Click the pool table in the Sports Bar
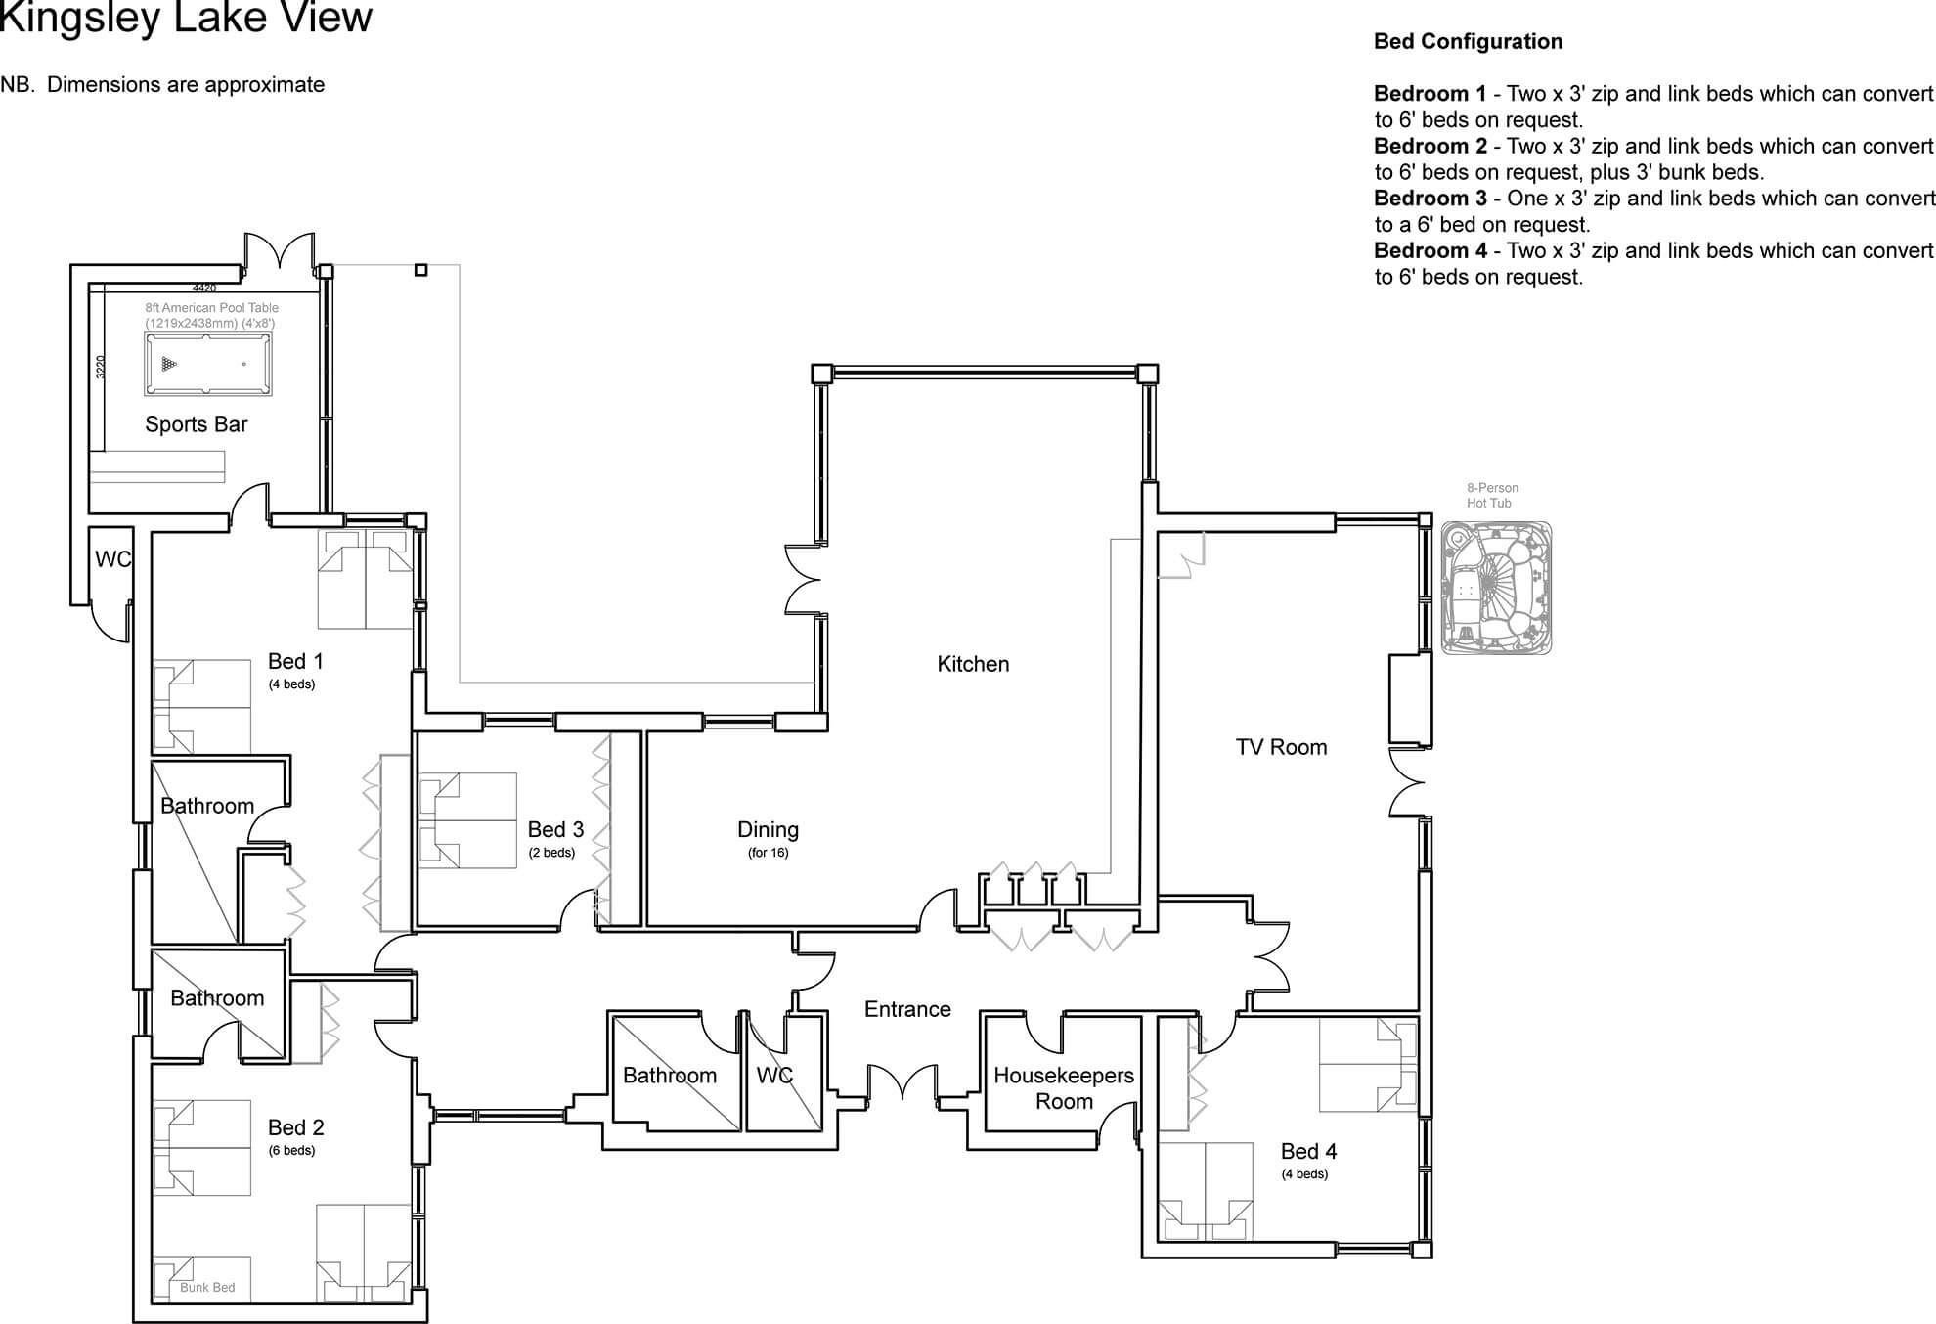coord(208,364)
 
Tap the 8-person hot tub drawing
coord(1496,588)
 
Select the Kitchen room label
coord(973,664)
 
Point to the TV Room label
coord(1281,747)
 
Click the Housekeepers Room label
coord(1064,1088)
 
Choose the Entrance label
coord(907,1009)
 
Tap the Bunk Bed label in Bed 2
coord(207,1287)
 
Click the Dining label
coord(768,830)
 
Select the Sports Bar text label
coord(197,424)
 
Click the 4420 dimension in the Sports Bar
coord(204,288)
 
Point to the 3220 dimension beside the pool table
coord(100,367)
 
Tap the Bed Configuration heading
coord(1468,41)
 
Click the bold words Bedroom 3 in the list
coord(1430,199)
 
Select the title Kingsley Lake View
coord(186,18)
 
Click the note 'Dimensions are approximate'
coord(186,85)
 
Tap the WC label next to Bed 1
coord(112,559)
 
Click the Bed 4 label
coord(1308,1152)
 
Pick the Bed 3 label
coord(555,830)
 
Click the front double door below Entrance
coord(903,1082)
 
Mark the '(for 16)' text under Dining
coord(768,853)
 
